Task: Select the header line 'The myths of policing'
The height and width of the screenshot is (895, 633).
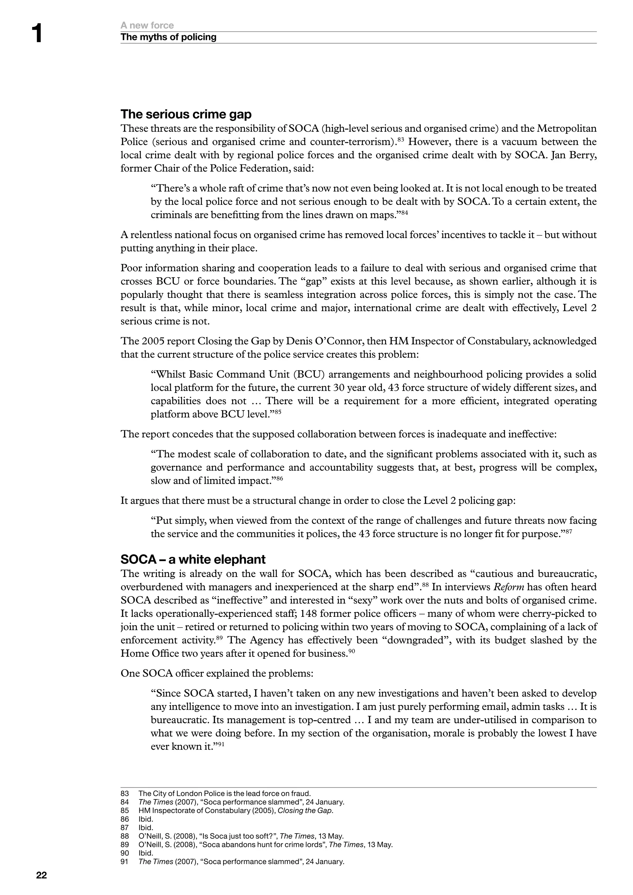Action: point(168,37)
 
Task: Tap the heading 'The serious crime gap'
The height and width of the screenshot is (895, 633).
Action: point(186,114)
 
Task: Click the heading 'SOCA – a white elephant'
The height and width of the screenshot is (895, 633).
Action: point(193,559)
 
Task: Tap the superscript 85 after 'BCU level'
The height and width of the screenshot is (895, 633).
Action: point(278,412)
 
